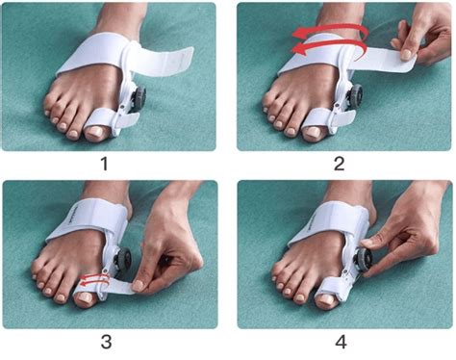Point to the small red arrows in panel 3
[92, 280]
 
